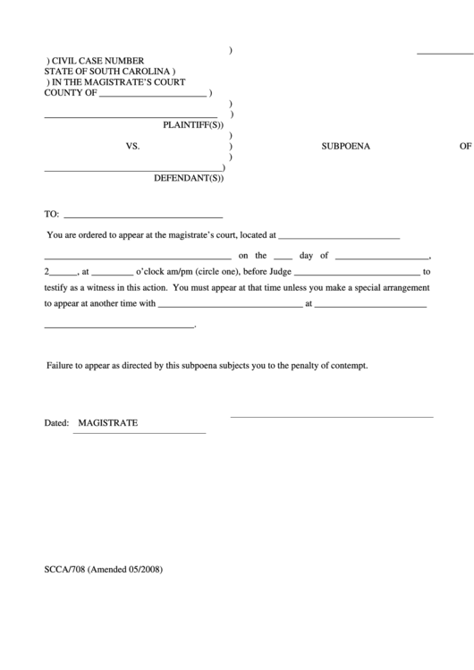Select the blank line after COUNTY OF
point(153,95)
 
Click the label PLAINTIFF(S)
point(192,125)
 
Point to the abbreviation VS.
point(133,145)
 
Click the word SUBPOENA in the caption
point(345,145)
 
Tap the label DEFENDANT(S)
point(189,178)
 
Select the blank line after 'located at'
point(339,238)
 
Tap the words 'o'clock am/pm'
point(166,272)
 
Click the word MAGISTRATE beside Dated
point(108,422)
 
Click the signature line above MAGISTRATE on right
point(332,416)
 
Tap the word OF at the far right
point(464,145)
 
